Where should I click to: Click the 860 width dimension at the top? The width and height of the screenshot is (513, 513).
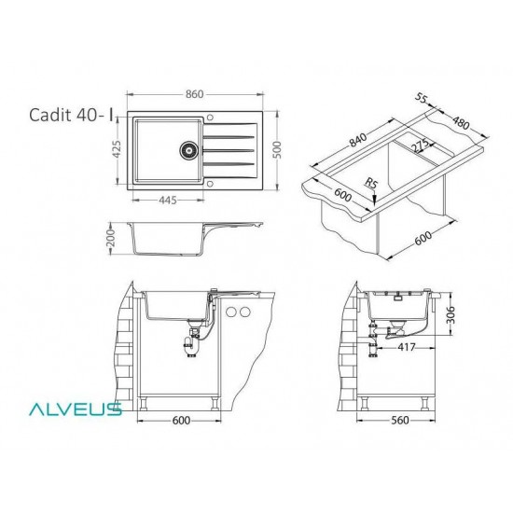coord(195,93)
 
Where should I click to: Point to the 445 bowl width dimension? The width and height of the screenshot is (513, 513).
coord(169,199)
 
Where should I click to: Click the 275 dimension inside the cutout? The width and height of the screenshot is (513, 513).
coord(419,146)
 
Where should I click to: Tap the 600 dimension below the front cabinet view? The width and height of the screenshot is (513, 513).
coord(181,420)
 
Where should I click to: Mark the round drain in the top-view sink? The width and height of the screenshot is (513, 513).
coord(187,148)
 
